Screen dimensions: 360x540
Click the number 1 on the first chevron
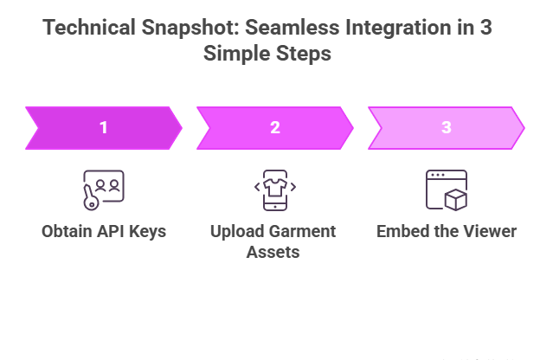point(104,128)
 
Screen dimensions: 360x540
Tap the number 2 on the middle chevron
point(275,128)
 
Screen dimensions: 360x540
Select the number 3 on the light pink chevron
point(447,128)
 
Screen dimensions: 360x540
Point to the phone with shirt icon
point(275,189)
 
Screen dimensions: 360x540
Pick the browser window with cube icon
point(447,190)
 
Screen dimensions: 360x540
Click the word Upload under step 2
point(235,232)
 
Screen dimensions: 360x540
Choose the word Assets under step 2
point(273,252)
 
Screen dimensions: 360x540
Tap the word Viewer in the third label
point(488,232)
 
